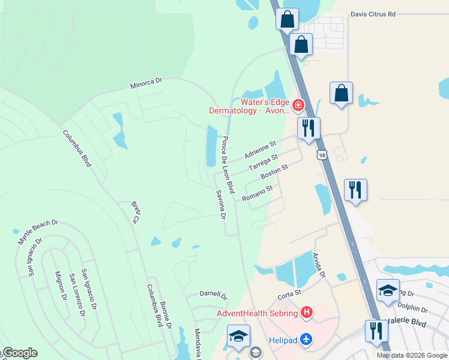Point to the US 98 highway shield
(323, 155)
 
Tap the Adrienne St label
(261, 149)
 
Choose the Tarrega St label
(264, 162)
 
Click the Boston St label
(275, 172)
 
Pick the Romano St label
(258, 193)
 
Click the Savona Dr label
(220, 204)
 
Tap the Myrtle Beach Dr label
(38, 231)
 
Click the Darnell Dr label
(214, 296)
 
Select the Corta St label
(289, 296)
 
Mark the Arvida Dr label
(318, 265)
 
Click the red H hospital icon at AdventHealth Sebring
(307, 313)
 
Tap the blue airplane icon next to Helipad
(307, 340)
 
